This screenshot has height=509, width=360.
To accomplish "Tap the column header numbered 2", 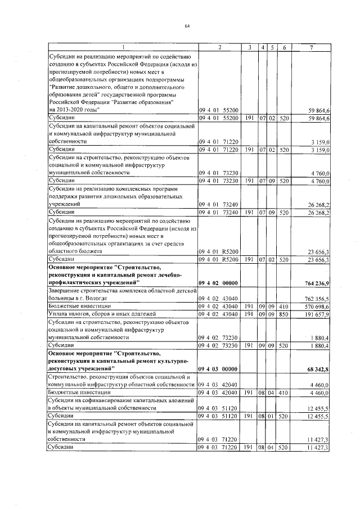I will (219, 48).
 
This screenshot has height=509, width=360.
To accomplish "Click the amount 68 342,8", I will (317, 368).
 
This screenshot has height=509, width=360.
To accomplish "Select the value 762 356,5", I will (316, 298).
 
